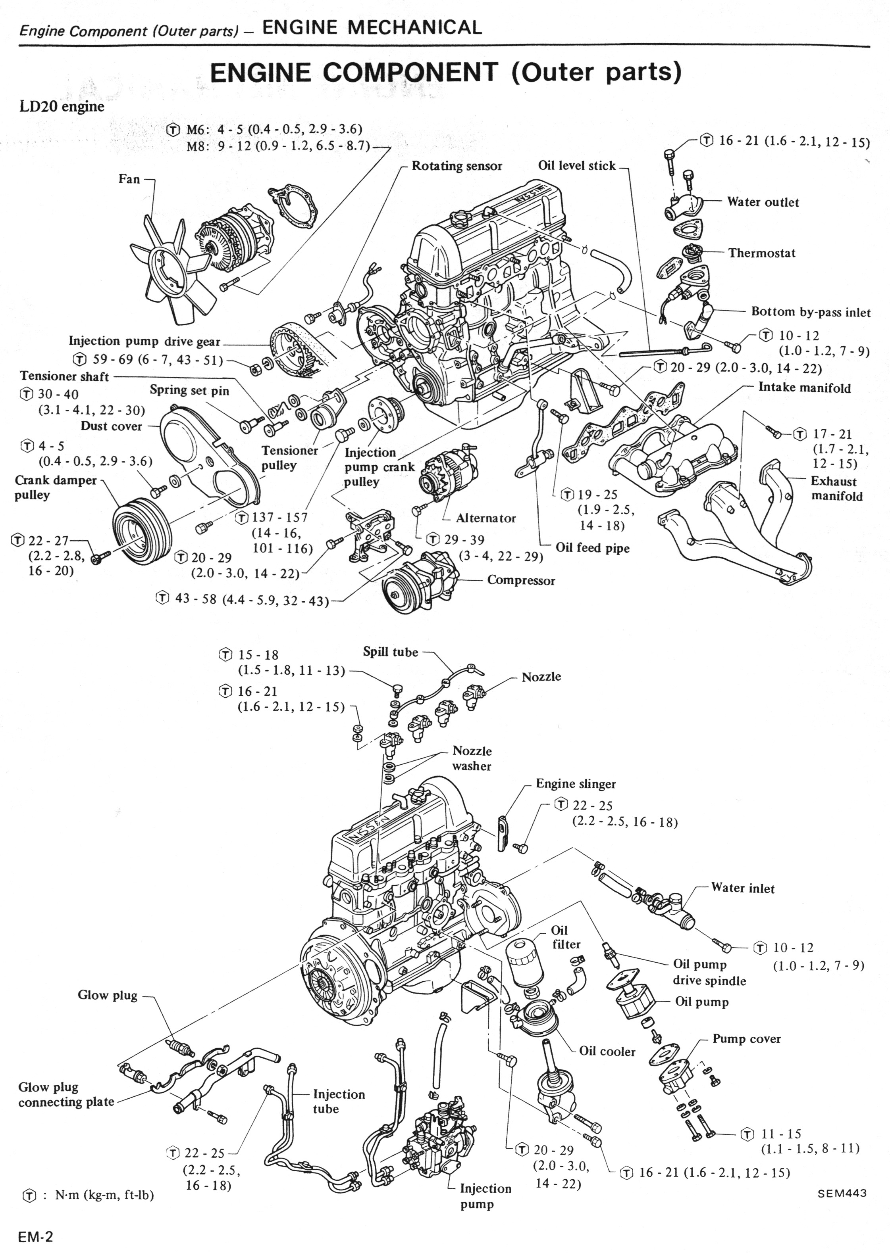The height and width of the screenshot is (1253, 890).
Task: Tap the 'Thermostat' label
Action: click(x=761, y=253)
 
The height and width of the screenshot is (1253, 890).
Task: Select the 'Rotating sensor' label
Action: click(x=457, y=166)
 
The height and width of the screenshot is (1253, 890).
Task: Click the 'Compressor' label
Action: click(x=521, y=581)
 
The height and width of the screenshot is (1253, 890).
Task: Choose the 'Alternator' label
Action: click(x=485, y=518)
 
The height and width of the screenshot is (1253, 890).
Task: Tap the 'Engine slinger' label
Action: click(x=576, y=784)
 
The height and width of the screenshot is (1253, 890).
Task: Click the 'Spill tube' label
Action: click(x=390, y=652)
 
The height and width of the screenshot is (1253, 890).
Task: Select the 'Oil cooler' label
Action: click(x=607, y=1051)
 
